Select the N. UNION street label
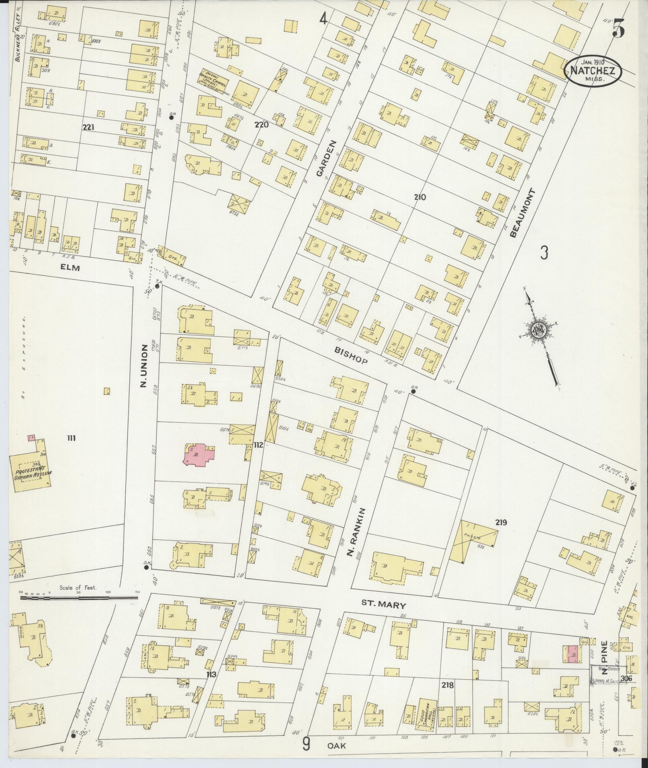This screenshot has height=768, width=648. (x=143, y=367)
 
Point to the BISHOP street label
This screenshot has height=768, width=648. (x=351, y=355)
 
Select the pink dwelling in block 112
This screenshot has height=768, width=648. (x=199, y=454)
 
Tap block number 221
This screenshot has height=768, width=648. (x=88, y=127)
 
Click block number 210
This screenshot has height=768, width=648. (x=420, y=197)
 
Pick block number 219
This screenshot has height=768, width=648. (x=501, y=522)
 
